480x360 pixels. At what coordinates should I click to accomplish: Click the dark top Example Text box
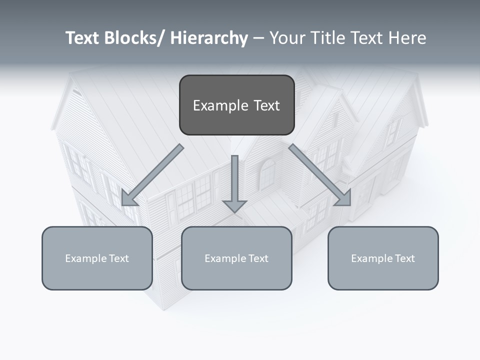point(236,105)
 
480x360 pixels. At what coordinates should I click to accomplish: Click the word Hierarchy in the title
point(209,38)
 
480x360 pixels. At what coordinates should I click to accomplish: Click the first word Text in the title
point(83,38)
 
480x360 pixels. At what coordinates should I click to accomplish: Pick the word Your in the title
point(286,38)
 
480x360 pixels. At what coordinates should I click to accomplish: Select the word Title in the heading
point(324,38)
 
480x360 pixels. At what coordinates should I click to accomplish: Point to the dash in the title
point(258,38)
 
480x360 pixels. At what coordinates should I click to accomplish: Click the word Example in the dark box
point(220,105)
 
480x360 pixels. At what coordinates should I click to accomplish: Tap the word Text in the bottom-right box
point(404,258)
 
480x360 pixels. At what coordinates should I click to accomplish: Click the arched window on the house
point(268,174)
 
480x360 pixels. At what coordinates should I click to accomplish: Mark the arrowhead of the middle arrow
point(234,205)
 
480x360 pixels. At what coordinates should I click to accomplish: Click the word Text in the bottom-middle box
point(258,258)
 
